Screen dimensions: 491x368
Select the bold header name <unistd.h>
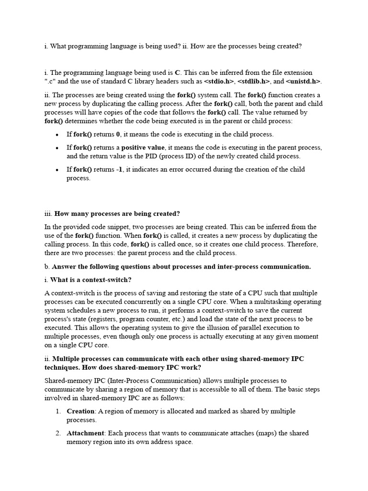coord(303,81)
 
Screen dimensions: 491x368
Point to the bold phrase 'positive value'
coord(142,147)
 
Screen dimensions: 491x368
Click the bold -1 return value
coord(119,169)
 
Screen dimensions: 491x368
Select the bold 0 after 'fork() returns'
coord(118,134)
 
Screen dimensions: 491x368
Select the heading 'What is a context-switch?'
coord(91,280)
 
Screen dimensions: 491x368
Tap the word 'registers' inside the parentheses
coord(112,319)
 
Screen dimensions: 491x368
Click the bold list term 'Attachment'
coord(85,433)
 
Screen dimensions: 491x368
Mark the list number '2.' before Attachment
coord(57,433)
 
